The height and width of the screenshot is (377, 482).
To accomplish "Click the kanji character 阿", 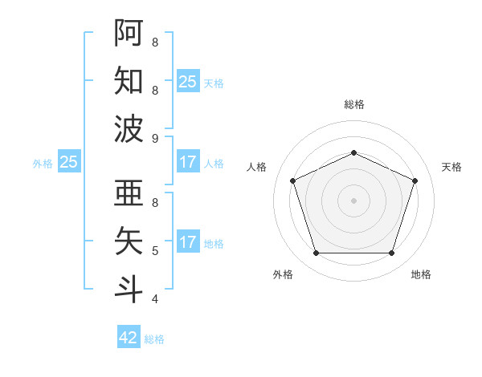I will point(129,32).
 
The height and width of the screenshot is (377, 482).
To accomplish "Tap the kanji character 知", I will point(129,80).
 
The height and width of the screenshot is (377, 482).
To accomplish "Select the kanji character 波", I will point(129,128).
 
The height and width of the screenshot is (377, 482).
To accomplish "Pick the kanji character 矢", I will point(129,241).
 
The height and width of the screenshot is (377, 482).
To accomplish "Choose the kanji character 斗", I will point(129,289).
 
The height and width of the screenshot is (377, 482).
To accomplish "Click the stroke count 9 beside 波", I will point(155,139).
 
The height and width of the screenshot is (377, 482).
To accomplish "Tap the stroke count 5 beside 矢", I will point(155,251).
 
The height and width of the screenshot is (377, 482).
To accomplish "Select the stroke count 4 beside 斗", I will point(155,299).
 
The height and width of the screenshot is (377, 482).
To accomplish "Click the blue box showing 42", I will point(129,338).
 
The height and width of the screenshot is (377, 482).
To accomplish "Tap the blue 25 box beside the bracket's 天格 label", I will point(188,82).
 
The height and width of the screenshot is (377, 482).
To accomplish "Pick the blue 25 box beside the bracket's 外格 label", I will point(69,162).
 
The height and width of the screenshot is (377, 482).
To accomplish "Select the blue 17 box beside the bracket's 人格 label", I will point(188,162).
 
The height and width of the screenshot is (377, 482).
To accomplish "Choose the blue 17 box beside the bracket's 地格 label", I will point(188,242).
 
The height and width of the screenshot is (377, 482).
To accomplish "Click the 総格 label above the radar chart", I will point(353,104).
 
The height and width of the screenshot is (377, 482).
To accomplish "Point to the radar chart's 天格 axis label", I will point(451,167).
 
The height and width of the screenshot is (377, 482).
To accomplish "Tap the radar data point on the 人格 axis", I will point(292,180).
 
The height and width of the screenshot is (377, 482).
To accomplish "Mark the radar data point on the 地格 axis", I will point(391,253).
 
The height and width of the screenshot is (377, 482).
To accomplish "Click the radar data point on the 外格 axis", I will point(316,253).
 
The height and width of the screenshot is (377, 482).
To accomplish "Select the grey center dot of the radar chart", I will point(353,201).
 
